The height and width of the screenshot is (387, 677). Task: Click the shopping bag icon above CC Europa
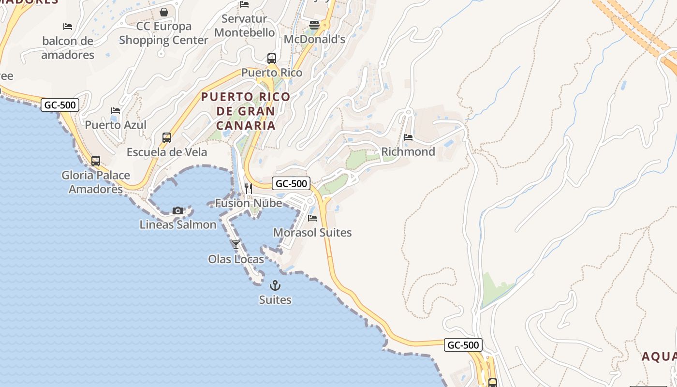164,12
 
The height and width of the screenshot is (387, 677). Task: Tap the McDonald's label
314,39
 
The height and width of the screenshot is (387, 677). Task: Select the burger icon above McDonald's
314,25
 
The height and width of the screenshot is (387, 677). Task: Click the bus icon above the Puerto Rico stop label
272,59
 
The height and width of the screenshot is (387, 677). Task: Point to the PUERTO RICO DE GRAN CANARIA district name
246,111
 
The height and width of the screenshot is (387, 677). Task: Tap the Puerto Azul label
116,125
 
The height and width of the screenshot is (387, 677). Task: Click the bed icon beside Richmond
408,137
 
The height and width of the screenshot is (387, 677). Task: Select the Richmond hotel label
408,151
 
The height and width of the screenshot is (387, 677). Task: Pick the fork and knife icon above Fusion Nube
249,189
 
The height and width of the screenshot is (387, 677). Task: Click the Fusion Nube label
249,203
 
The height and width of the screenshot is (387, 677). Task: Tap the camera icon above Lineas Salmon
178,210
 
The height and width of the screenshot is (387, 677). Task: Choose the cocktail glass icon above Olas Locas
236,245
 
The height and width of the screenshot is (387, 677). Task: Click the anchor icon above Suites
275,285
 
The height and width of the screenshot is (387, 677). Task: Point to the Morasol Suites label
312,233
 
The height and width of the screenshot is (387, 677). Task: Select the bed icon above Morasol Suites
312,218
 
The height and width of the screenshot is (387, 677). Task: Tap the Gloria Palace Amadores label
96,182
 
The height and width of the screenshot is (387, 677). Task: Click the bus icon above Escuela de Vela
167,138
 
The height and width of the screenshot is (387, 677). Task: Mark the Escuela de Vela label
167,152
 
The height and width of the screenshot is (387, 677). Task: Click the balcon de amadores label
68,48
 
